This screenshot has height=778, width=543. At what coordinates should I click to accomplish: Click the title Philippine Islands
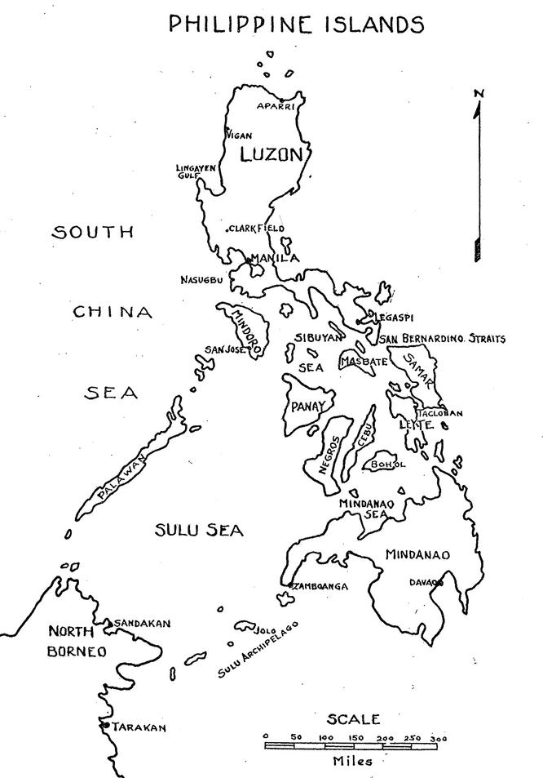coord(296,24)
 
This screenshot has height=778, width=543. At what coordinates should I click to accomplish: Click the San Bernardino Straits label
coord(441,338)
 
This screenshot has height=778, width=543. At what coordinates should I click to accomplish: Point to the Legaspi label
coord(391,315)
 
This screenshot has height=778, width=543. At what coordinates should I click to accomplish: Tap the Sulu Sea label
coord(199,530)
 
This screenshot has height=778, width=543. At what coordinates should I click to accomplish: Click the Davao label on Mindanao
coord(425,582)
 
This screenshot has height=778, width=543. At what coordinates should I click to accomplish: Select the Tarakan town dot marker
coord(105,725)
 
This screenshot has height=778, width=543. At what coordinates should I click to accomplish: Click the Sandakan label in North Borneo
coord(142,624)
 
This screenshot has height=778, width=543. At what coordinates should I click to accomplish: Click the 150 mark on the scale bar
coord(355,738)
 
